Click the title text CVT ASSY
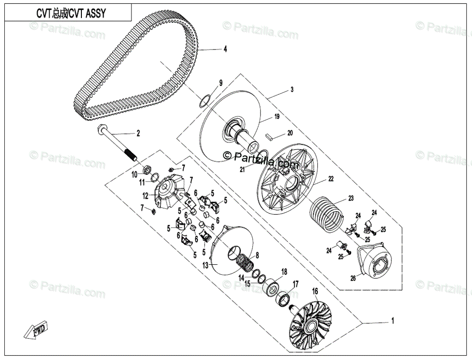point(71,13)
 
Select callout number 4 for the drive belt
point(224,49)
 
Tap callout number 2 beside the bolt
point(138,133)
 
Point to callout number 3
point(291,90)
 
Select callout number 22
point(331,179)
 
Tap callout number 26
point(353,278)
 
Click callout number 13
point(205,265)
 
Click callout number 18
point(284,272)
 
